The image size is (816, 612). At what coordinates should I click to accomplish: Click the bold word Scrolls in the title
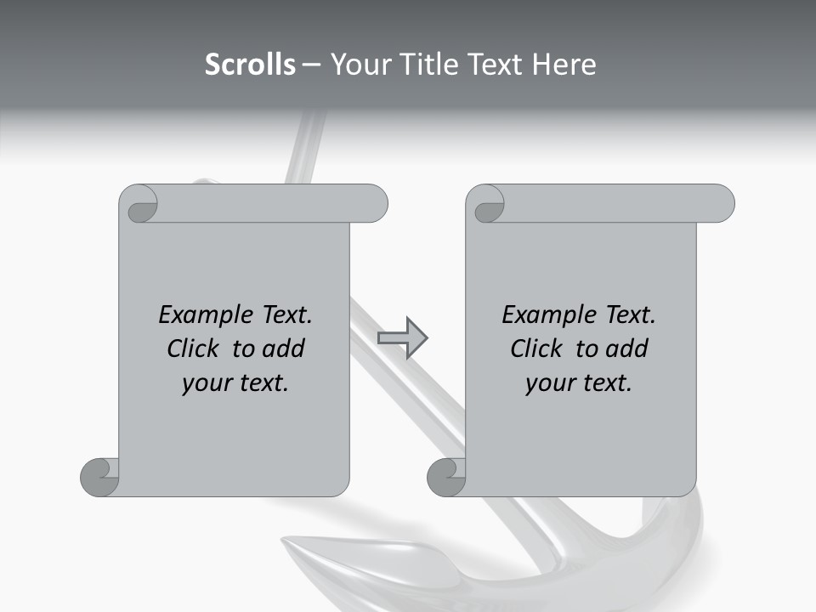[x=251, y=65]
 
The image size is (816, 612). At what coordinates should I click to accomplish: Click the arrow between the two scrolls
[x=402, y=338]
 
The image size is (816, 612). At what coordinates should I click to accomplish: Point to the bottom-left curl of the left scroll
[x=100, y=477]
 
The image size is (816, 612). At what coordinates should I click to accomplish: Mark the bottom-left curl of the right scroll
[x=447, y=477]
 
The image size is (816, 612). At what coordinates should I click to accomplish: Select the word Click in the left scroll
[x=195, y=348]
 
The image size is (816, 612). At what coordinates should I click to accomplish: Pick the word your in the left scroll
[x=204, y=383]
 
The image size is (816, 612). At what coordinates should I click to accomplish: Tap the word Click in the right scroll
[x=537, y=348]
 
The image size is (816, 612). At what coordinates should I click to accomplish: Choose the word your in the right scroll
[x=547, y=383]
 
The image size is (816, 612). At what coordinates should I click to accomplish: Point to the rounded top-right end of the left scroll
[x=375, y=203]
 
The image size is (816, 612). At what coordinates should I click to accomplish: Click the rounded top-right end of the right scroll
[x=722, y=203]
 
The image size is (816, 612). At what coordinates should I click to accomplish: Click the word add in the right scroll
[x=626, y=348]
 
